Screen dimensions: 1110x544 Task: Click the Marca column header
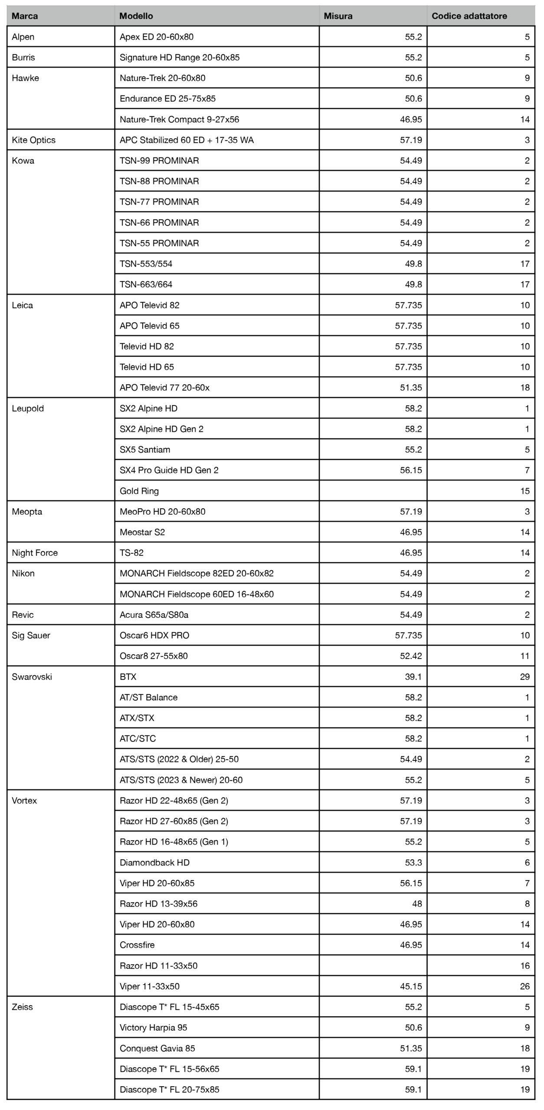25,16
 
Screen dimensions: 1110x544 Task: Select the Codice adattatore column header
469,16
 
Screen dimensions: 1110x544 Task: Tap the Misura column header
338,16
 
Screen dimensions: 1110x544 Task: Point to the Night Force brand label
35,553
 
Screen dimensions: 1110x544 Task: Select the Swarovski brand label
32,677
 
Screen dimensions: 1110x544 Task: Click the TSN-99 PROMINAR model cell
159,161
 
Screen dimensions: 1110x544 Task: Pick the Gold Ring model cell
139,491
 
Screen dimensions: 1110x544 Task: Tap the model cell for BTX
128,677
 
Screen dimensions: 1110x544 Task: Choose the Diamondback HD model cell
154,862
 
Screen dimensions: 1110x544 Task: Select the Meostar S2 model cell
142,532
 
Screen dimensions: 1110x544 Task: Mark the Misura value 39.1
413,677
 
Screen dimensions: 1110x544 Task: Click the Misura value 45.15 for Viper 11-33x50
410,986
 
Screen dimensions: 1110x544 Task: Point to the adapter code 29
524,677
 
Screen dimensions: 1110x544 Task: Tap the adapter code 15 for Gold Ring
524,491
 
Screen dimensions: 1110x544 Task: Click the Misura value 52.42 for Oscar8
410,656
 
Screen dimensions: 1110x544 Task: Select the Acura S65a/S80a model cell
154,615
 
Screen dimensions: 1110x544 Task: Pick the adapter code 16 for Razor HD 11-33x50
524,966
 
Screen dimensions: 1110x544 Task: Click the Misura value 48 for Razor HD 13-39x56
416,904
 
